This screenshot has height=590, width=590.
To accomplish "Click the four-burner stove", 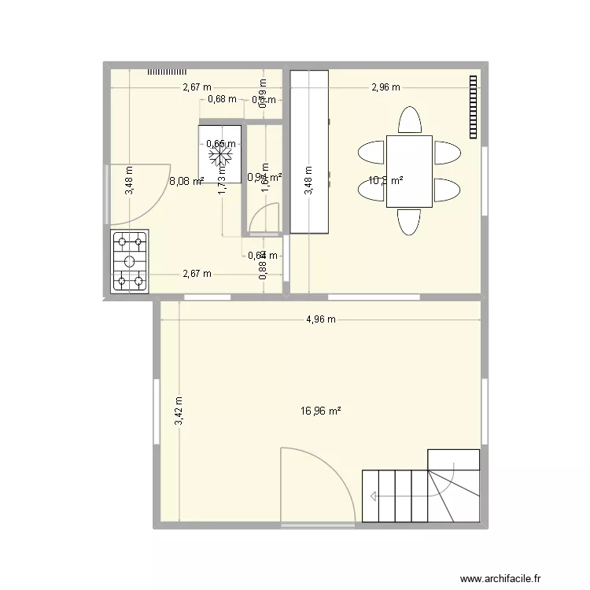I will [131, 262].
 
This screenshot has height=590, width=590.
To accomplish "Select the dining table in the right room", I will [409, 171].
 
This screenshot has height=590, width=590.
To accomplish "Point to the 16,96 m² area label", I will [321, 411].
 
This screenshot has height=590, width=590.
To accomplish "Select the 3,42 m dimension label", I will [179, 411].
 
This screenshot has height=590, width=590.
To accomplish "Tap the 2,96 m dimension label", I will [385, 87].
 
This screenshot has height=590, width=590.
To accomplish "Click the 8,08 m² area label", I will [186, 181].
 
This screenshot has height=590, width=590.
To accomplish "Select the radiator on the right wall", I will [474, 107].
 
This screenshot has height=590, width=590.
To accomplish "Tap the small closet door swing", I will [266, 218].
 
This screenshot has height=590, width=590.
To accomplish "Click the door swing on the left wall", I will [138, 193].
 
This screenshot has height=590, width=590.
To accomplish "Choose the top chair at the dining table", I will [409, 120].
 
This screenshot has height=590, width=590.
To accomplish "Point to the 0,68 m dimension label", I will [222, 99].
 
